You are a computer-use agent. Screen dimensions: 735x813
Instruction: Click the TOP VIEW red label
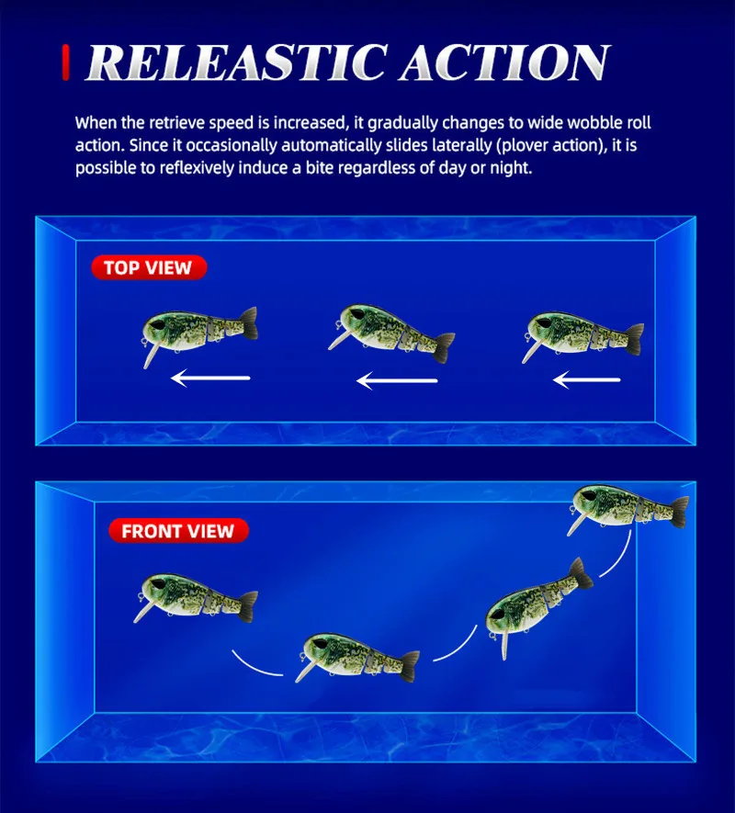[x=149, y=267]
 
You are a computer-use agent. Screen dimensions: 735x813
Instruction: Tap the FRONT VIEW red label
[x=178, y=531]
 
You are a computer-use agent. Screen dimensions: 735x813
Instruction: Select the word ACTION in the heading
[x=504, y=62]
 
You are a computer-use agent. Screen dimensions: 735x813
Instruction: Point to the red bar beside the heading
[x=66, y=62]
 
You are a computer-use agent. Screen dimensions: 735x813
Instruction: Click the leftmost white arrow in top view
[x=210, y=378]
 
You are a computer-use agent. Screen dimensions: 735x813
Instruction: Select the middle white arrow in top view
[x=397, y=380]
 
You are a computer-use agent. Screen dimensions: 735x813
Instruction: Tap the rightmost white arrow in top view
[x=587, y=380]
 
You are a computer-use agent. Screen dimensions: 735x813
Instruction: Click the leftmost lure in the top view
[x=199, y=333]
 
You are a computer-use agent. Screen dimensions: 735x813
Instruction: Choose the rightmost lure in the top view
[x=583, y=334]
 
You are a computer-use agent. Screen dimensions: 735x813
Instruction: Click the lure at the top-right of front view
[x=628, y=508]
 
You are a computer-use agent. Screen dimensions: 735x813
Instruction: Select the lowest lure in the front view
[x=358, y=658]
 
